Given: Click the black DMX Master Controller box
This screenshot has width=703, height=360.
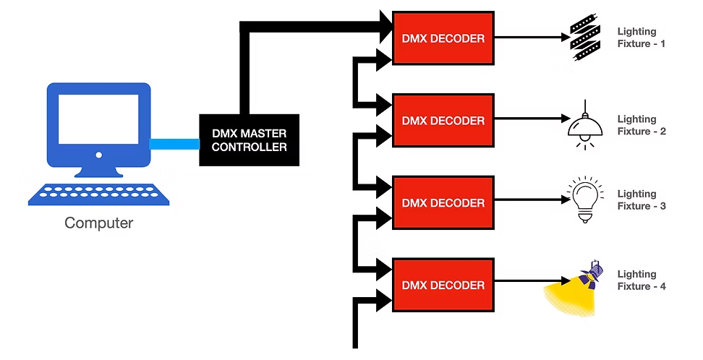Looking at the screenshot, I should [x=249, y=140].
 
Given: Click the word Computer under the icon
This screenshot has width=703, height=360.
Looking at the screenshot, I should [x=99, y=223].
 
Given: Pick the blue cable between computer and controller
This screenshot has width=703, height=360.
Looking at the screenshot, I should [x=174, y=144].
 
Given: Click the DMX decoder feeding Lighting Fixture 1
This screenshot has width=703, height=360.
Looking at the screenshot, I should [x=443, y=38].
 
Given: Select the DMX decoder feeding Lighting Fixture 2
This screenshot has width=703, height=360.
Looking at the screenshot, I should [x=443, y=119].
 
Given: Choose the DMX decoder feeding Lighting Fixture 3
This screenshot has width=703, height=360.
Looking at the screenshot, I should [x=443, y=202].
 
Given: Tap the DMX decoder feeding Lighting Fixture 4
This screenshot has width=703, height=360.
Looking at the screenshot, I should [x=443, y=285].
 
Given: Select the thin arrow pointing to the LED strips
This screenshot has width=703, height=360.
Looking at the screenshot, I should [x=531, y=38].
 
